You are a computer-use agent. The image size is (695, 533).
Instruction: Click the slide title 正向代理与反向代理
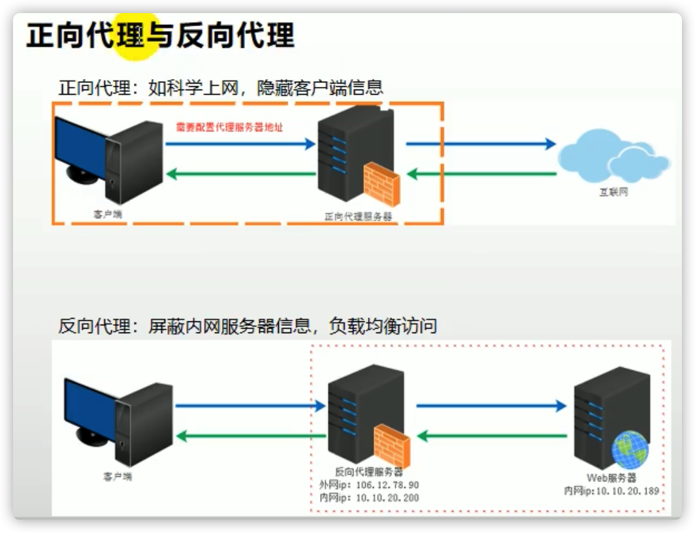(x=161, y=36)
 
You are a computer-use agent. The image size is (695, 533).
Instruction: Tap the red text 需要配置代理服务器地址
(x=229, y=127)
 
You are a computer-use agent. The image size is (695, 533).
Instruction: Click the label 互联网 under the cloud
(x=614, y=193)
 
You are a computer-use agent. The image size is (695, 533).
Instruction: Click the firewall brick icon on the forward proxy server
(x=381, y=184)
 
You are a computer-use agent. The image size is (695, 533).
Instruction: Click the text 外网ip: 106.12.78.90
(x=369, y=485)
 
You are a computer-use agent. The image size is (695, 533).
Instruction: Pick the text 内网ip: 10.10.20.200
(x=369, y=498)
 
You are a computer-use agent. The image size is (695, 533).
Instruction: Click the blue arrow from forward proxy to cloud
(x=480, y=144)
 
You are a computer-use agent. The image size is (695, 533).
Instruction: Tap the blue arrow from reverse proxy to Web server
(x=491, y=406)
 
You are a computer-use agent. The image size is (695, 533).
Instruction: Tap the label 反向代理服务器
(x=369, y=472)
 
